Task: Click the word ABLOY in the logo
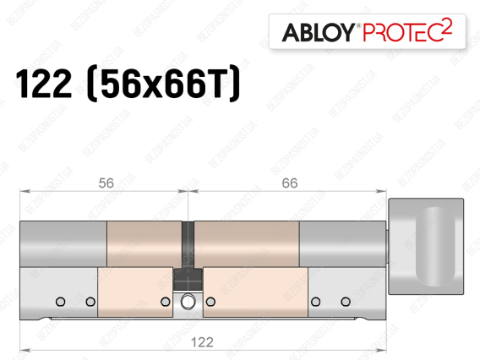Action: pyautogui.click(x=318, y=32)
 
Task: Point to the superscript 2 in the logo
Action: pyautogui.click(x=447, y=25)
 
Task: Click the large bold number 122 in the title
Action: pyautogui.click(x=44, y=84)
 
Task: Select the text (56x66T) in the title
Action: pyautogui.click(x=163, y=84)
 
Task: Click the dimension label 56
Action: pyautogui.click(x=106, y=183)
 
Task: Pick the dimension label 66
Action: pyautogui.click(x=290, y=183)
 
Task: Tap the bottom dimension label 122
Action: pyautogui.click(x=202, y=342)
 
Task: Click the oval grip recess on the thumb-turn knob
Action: pyautogui.click(x=435, y=247)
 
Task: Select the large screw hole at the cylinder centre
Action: pyautogui.click(x=188, y=302)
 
